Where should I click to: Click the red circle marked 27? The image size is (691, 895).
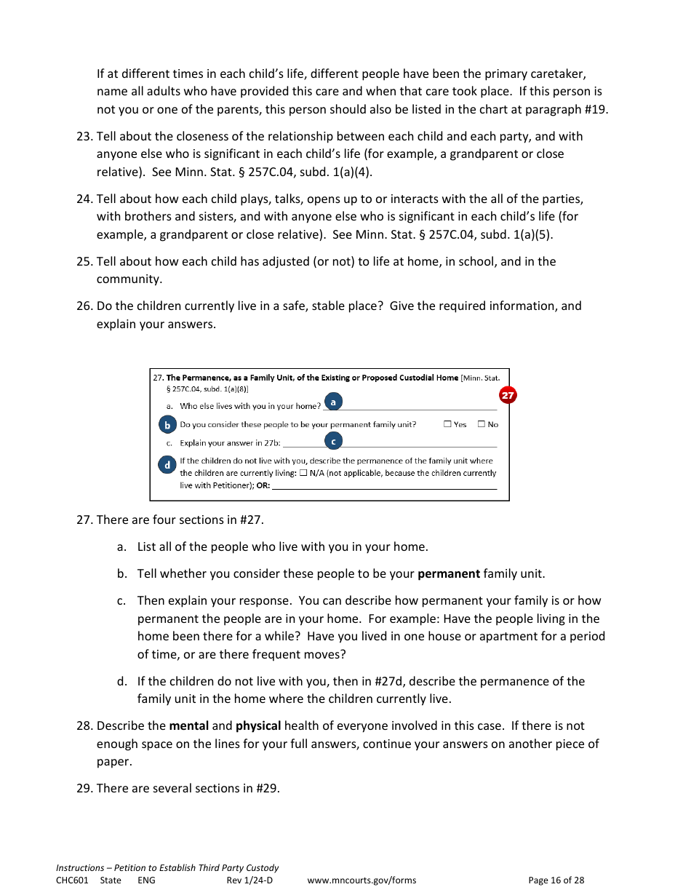coord(508,395)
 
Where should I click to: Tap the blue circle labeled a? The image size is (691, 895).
coord(333,402)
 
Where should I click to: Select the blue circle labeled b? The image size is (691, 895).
coord(167,425)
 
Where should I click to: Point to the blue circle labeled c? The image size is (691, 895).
coord(333,441)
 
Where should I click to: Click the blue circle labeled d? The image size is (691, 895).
coord(167,464)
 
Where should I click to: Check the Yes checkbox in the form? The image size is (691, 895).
coord(447,424)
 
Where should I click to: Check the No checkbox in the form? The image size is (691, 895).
coord(482,424)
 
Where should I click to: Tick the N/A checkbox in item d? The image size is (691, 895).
coord(303,473)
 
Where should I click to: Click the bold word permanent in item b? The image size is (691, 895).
coord(448,573)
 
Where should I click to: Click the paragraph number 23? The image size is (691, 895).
coord(84,136)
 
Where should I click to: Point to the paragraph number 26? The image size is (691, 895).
coord(84,306)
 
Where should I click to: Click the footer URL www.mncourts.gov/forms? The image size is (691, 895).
coord(362,880)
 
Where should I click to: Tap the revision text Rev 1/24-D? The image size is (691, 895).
coord(249,880)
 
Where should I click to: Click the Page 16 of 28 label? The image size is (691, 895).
coord(556,880)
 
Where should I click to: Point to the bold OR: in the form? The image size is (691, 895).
coord(263,485)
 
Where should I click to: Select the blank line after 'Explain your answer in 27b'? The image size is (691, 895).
coord(390,445)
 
